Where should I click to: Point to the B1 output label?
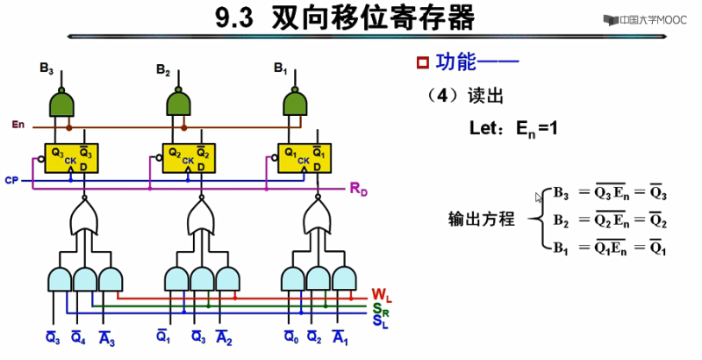point(280,68)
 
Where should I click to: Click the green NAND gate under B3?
point(62,104)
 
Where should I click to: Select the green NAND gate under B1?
point(296,104)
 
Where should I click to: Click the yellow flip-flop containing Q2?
point(187,156)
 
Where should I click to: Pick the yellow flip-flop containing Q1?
point(304,156)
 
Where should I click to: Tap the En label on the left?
point(18,124)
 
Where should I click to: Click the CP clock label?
point(11,179)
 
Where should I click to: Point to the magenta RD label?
point(359,188)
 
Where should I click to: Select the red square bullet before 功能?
point(422,62)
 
